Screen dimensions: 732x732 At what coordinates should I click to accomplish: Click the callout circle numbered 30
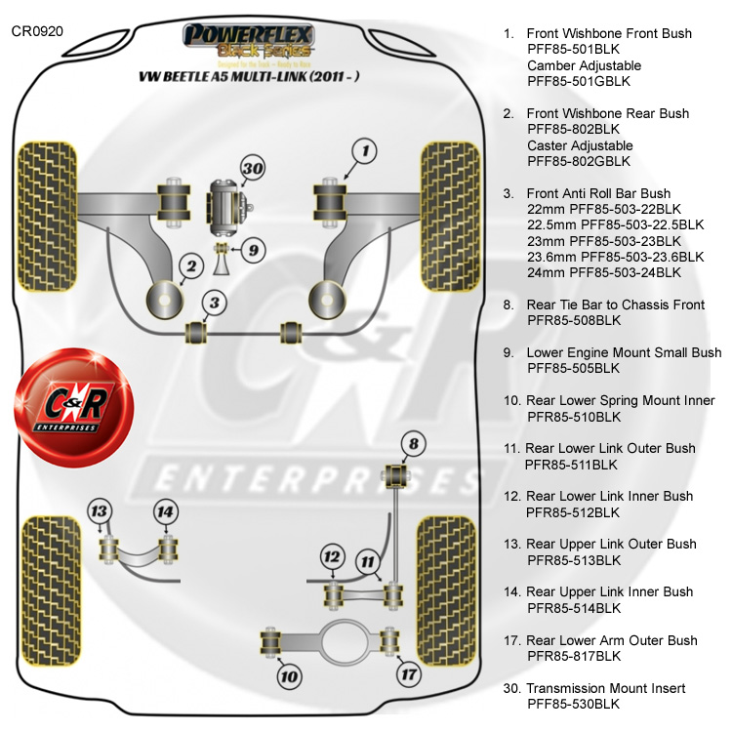(x=253, y=169)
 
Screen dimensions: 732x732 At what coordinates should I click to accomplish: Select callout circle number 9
(x=251, y=251)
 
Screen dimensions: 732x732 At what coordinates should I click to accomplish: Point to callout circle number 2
(x=191, y=265)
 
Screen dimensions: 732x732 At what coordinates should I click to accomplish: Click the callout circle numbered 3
(x=217, y=303)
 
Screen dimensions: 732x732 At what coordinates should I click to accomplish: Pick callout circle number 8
(x=414, y=445)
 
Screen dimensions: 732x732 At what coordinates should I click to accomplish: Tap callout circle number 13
(x=99, y=511)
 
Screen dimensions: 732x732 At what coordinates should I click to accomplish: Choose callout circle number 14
(x=166, y=511)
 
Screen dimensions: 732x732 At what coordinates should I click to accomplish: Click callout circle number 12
(x=333, y=557)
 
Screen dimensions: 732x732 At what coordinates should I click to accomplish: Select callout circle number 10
(x=290, y=673)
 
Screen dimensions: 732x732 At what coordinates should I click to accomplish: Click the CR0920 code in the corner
(x=37, y=31)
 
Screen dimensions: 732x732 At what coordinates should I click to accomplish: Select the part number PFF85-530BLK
(x=573, y=704)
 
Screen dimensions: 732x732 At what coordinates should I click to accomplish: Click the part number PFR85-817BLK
(x=574, y=656)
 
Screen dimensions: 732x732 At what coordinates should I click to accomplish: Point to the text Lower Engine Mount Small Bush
(x=624, y=352)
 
